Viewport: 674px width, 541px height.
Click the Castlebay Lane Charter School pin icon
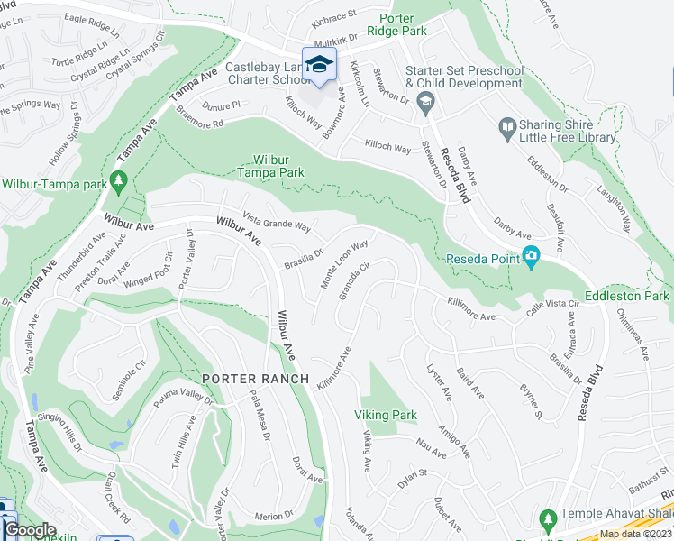(319, 64)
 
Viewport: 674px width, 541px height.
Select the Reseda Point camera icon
(531, 258)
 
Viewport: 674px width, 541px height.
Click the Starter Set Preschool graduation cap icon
(424, 104)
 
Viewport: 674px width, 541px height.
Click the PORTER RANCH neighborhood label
(255, 379)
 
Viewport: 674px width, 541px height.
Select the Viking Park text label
(385, 415)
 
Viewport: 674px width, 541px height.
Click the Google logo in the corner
(30, 530)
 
